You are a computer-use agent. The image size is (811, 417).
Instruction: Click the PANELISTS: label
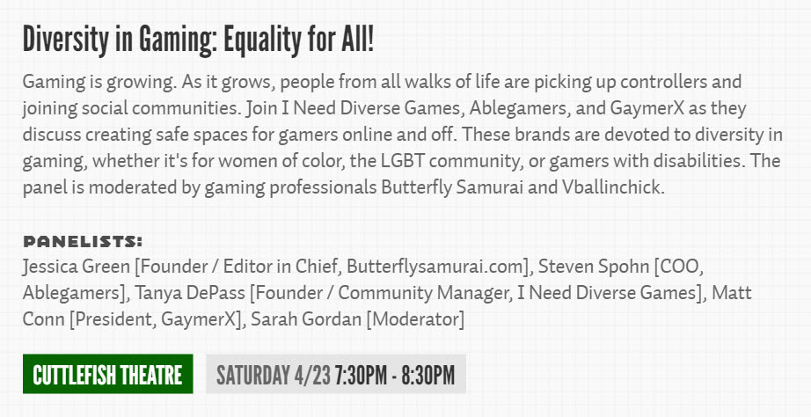tap(83, 242)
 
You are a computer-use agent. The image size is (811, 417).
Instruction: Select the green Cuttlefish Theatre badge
tap(107, 374)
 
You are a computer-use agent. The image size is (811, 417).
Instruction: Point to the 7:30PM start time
tap(361, 375)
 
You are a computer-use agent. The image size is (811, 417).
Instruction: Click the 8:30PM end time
tap(427, 375)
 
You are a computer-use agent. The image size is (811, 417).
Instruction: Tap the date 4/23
tap(312, 375)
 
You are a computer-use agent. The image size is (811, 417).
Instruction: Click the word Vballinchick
tap(612, 187)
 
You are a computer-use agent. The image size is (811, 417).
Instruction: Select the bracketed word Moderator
tap(415, 318)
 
